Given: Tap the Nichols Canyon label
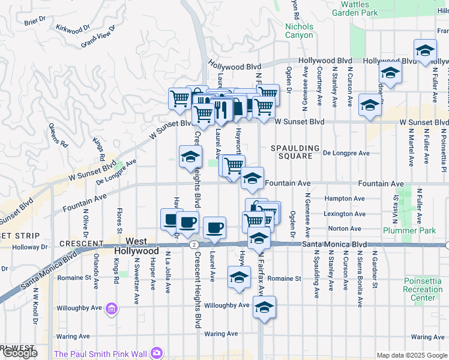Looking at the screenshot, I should pyautogui.click(x=299, y=31).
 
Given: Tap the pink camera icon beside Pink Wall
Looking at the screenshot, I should pyautogui.click(x=157, y=352).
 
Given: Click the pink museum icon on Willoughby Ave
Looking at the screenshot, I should pyautogui.click(x=111, y=309).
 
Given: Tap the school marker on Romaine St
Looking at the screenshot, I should pyautogui.click(x=239, y=277).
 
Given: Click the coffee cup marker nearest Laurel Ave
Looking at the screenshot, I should pyautogui.click(x=214, y=227).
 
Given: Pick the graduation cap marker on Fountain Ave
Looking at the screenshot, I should pyautogui.click(x=252, y=177).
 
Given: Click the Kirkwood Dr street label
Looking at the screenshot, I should pyautogui.click(x=72, y=28).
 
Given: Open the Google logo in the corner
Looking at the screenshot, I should pyautogui.click(x=19, y=353).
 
